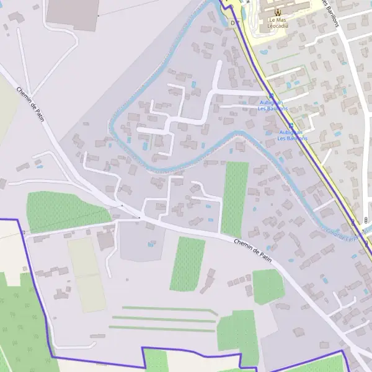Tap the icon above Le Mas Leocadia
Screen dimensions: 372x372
point(277,12)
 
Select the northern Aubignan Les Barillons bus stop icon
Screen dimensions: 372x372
point(271,95)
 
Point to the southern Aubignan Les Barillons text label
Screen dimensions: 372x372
point(291,135)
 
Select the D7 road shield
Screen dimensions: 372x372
point(234,23)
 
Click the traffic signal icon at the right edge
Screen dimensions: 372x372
point(366,219)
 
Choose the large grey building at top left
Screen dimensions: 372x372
point(73,14)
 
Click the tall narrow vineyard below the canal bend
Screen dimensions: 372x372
point(235,198)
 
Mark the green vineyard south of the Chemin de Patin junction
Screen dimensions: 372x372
point(188,263)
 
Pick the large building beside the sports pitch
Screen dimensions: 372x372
point(106,240)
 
